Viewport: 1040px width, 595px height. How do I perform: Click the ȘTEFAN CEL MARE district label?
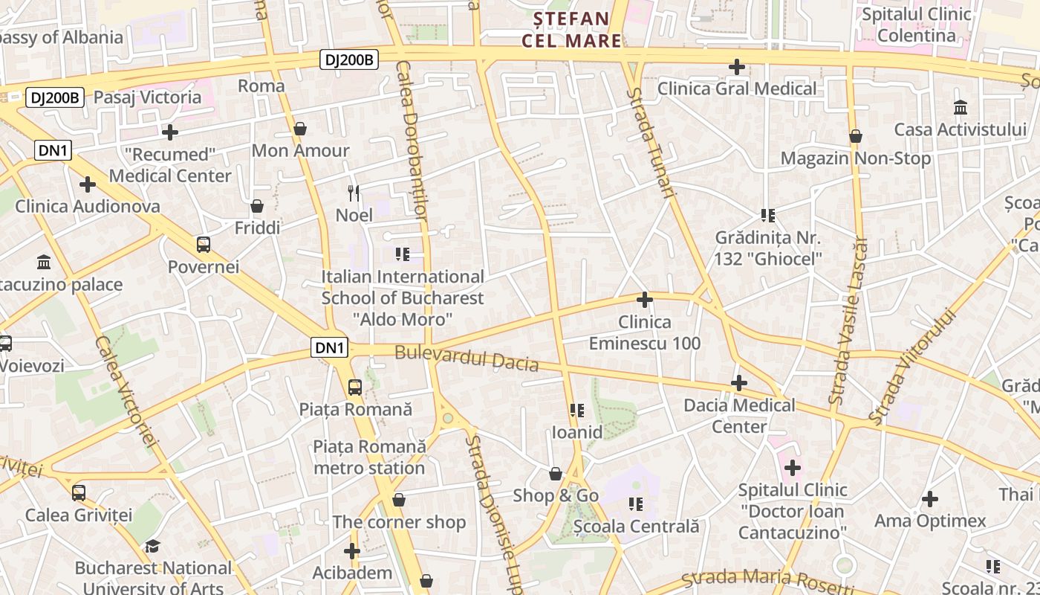click(x=571, y=29)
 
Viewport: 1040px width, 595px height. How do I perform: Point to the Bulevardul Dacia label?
click(x=467, y=358)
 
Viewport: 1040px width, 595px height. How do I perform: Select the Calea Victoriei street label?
click(x=127, y=390)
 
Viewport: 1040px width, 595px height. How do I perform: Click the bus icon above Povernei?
click(x=203, y=244)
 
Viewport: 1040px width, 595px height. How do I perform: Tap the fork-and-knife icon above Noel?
click(x=354, y=193)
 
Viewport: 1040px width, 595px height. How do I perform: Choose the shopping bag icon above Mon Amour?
click(x=300, y=129)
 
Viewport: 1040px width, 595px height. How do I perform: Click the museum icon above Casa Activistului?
click(x=960, y=108)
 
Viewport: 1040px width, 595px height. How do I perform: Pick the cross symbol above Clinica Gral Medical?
click(x=736, y=67)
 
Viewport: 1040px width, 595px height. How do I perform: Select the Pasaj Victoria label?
click(x=147, y=97)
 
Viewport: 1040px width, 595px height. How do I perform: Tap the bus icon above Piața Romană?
click(x=355, y=387)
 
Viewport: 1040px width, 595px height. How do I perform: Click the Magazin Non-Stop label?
click(x=855, y=158)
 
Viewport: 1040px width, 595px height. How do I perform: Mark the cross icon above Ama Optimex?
click(x=929, y=499)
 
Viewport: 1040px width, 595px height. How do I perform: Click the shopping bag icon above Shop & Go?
click(x=555, y=474)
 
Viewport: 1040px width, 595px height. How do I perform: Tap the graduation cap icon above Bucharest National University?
click(x=152, y=547)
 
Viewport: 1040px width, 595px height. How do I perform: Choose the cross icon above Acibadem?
click(x=352, y=551)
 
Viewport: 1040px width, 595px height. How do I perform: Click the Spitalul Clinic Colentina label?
click(x=916, y=25)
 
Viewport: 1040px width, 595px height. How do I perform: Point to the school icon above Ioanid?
click(x=576, y=411)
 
